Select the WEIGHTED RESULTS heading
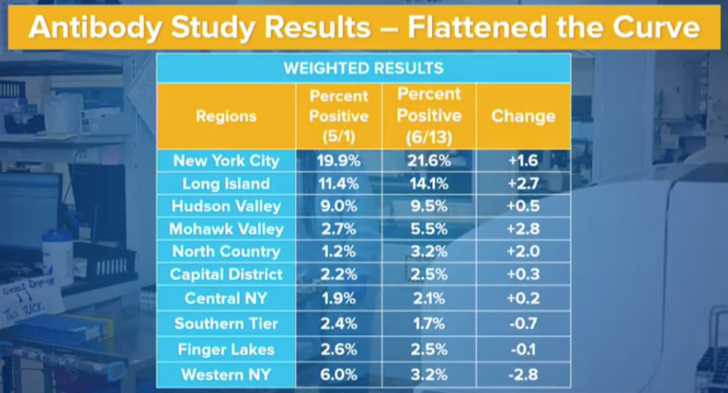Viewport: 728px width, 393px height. [363, 68]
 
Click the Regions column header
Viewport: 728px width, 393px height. [226, 116]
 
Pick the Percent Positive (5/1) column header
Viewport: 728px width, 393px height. [339, 116]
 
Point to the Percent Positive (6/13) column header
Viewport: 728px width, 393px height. [429, 115]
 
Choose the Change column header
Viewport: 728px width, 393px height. [523, 116]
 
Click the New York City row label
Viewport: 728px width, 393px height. [226, 161]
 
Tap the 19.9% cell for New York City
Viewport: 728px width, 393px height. [339, 161]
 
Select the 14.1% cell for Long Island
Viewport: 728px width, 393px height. [429, 183]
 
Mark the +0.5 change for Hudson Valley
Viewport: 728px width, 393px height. [523, 206]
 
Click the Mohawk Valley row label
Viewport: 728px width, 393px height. [226, 229]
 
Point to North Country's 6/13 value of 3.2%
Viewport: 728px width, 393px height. [429, 252]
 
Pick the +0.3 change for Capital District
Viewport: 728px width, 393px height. [523, 275]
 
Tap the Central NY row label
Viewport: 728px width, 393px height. [226, 298]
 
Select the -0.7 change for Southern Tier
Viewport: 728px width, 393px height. [523, 324]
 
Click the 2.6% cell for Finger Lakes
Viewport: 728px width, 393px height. [339, 349]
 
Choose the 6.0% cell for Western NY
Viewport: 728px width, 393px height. [339, 375]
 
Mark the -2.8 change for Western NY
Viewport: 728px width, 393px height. [523, 375]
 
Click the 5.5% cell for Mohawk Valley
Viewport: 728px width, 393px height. [429, 229]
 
